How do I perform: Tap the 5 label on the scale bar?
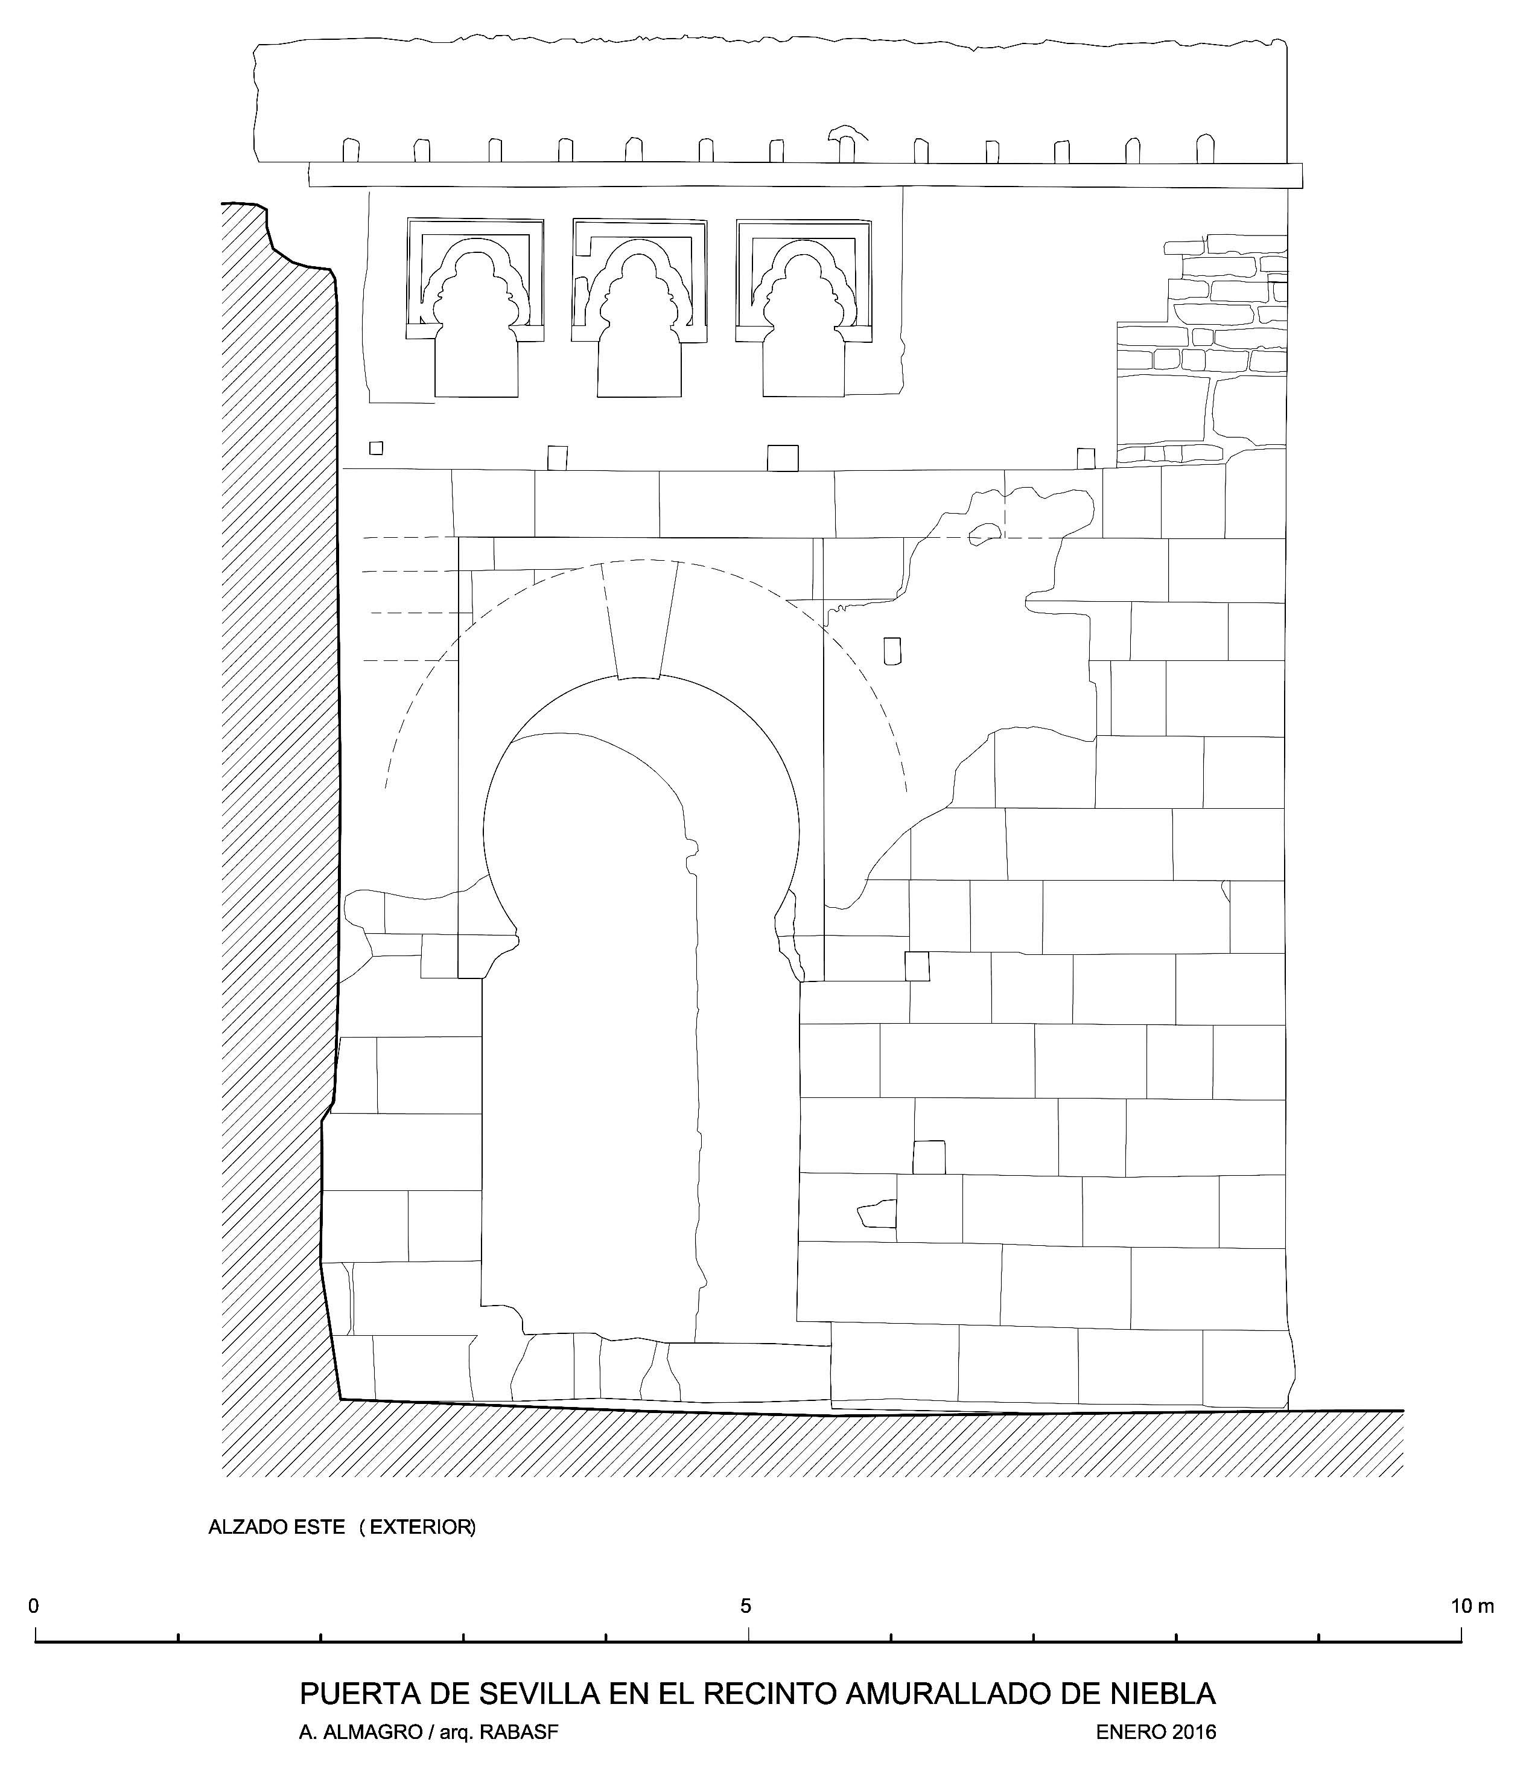coord(746,1606)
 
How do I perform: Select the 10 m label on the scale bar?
coord(1472,1606)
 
